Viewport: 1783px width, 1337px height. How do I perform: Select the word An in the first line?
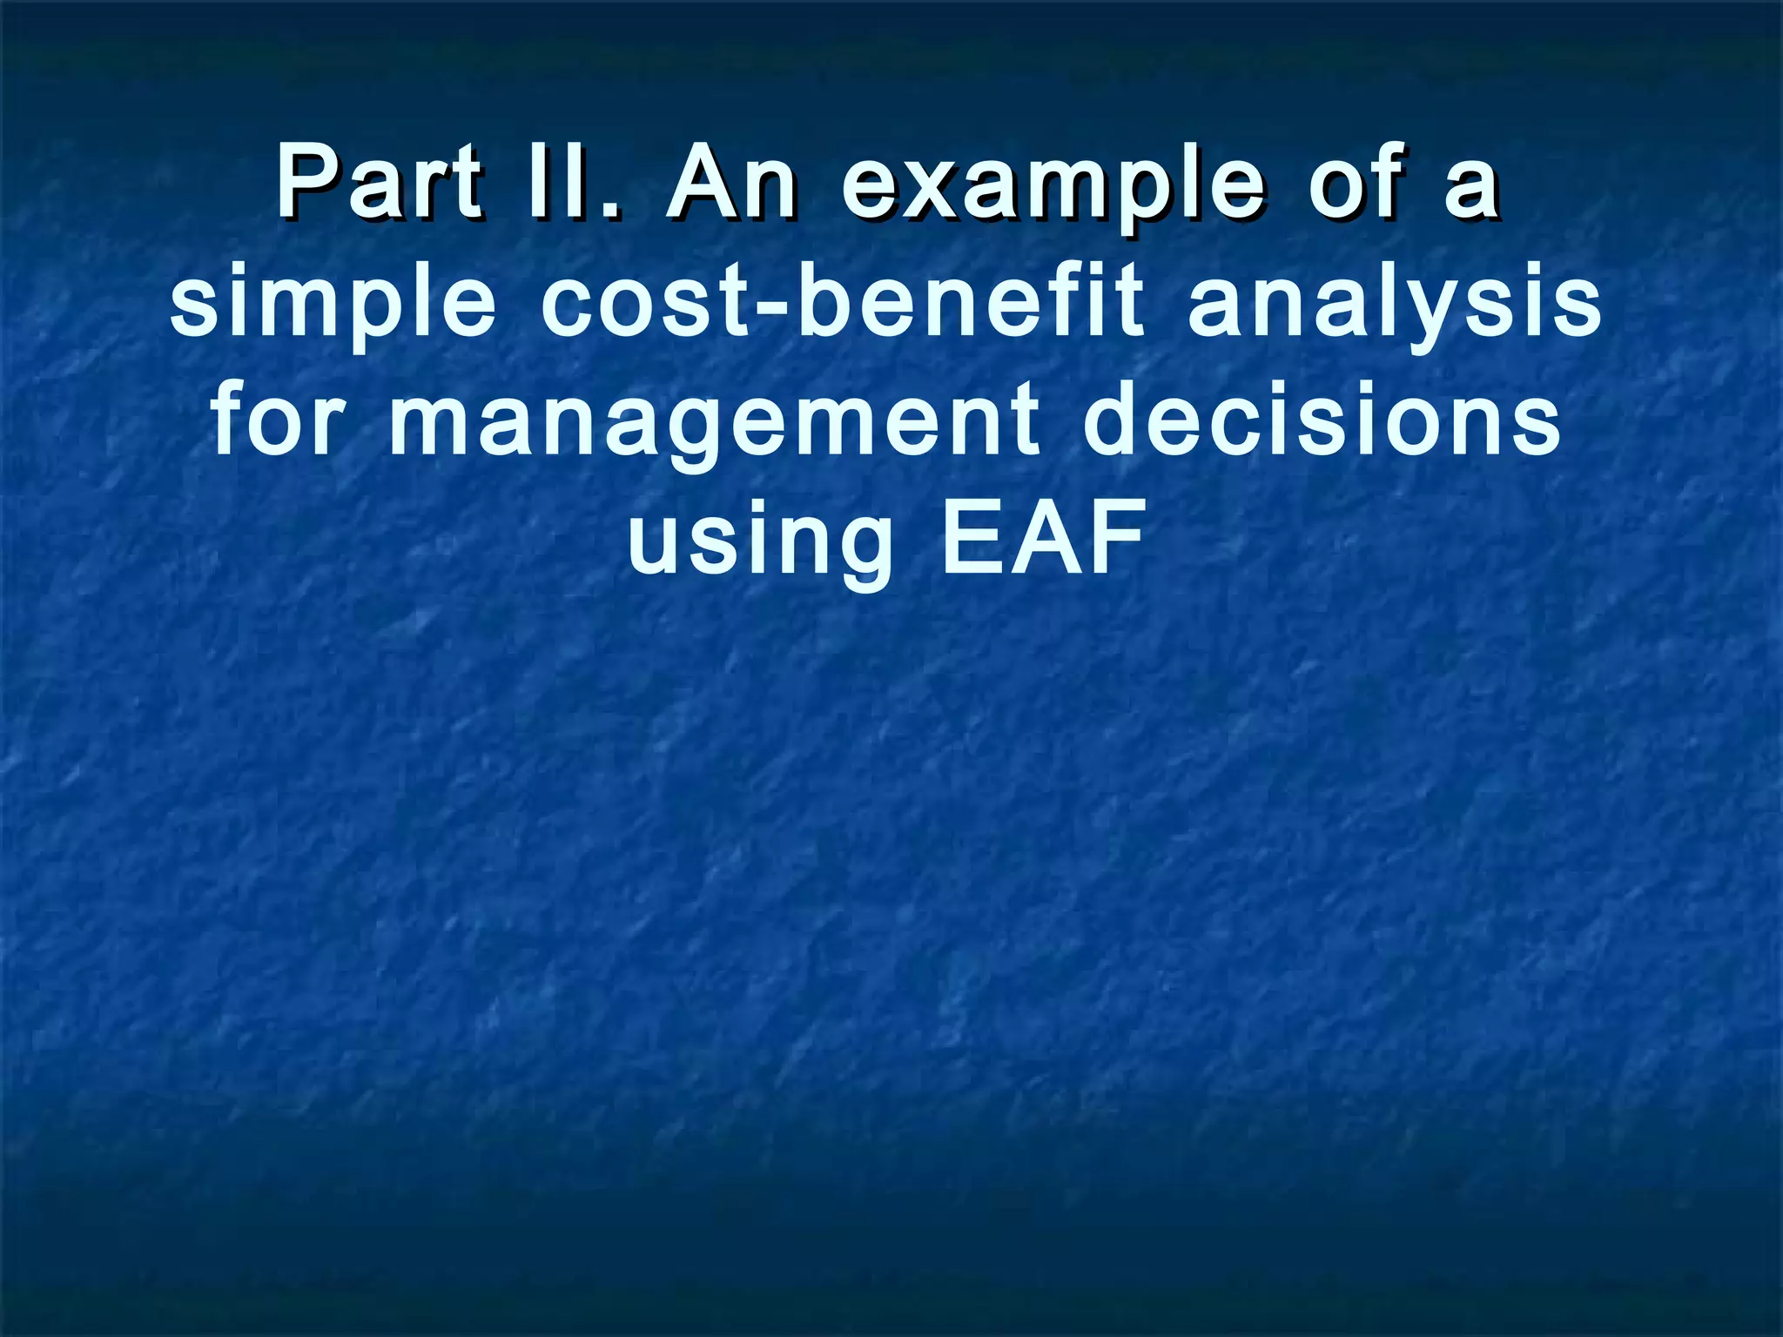(730, 182)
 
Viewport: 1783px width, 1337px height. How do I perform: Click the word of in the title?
(1356, 182)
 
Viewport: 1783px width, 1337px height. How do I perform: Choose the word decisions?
(1322, 420)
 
